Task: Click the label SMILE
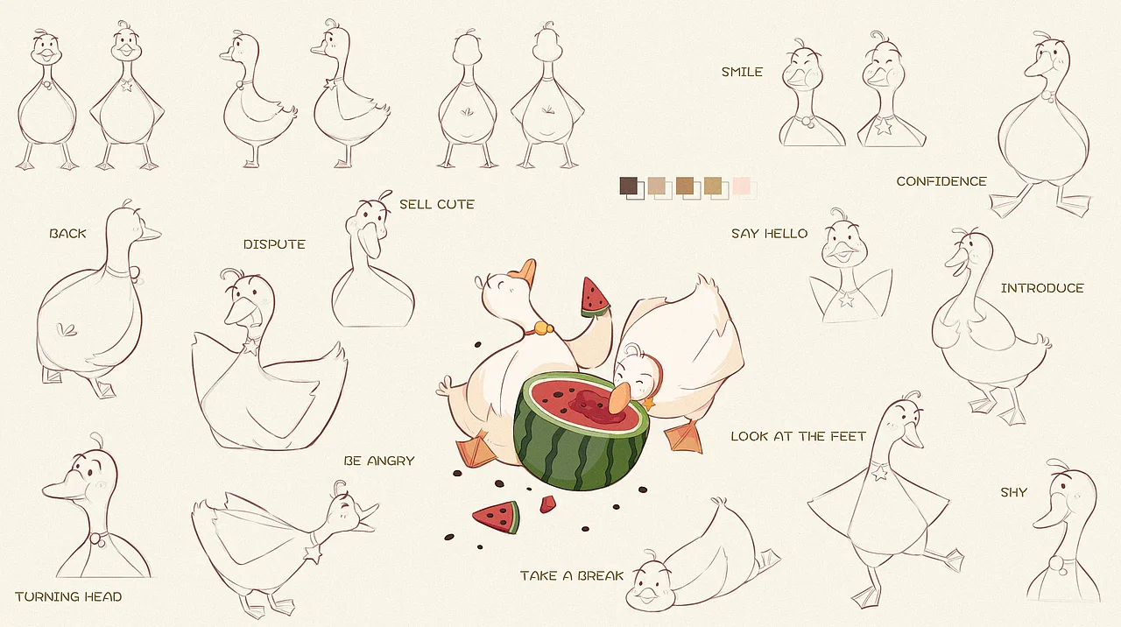(x=742, y=72)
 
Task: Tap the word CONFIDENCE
(x=941, y=181)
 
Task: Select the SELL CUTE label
(x=437, y=204)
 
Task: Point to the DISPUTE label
(x=274, y=244)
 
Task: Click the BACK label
(x=67, y=233)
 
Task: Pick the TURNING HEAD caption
(x=68, y=596)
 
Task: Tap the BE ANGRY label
(x=379, y=461)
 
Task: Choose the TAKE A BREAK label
(x=572, y=576)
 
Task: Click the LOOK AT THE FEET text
(x=798, y=436)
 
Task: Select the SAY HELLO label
(x=770, y=234)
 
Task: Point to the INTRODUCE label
(x=1042, y=288)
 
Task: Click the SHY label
(x=1014, y=492)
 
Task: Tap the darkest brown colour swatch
(x=629, y=186)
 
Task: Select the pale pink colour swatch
(x=741, y=186)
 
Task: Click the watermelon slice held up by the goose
(x=594, y=299)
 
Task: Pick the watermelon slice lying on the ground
(x=497, y=517)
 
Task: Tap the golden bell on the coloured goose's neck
(x=542, y=328)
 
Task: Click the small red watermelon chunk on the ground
(x=548, y=504)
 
